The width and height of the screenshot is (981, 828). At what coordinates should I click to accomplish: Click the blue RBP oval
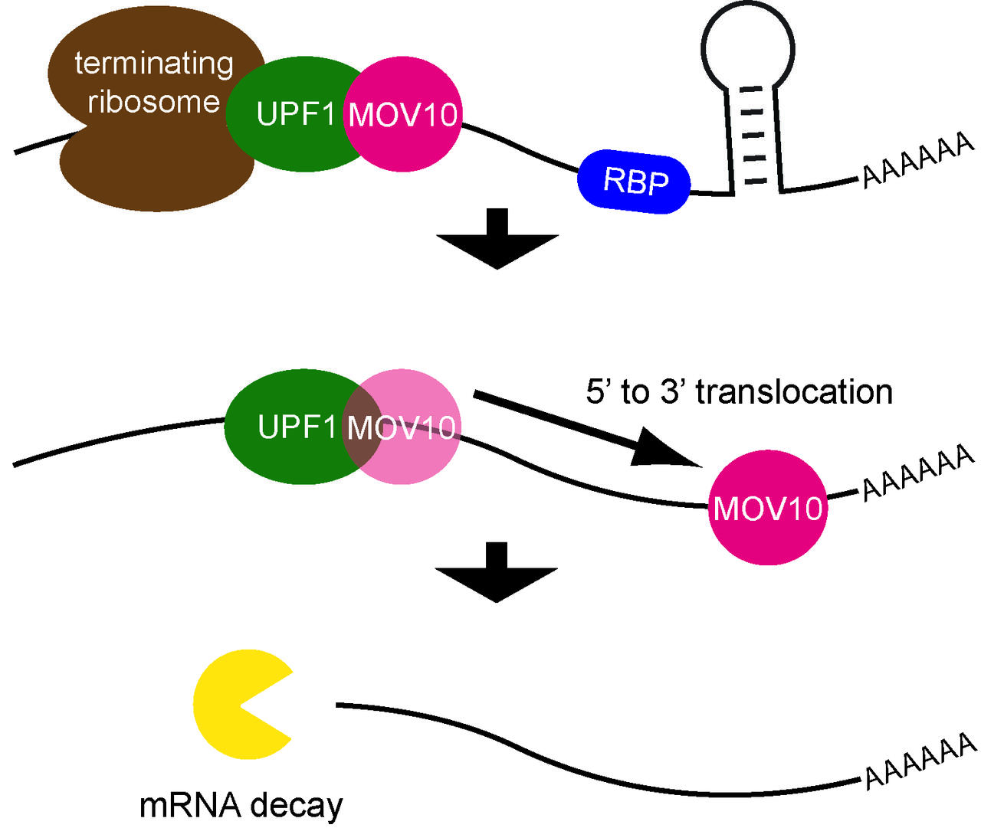click(x=634, y=182)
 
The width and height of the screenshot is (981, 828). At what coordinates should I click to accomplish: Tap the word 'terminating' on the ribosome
click(x=154, y=63)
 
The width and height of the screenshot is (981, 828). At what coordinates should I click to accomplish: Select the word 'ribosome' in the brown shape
click(x=154, y=101)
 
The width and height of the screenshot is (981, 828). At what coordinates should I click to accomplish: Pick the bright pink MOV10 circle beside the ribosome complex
click(x=404, y=115)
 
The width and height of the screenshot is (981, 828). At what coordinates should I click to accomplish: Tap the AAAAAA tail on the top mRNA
click(x=918, y=161)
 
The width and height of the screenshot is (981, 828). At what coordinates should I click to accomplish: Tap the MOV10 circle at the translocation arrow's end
click(x=768, y=508)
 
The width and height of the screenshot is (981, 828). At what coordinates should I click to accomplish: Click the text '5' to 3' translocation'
click(x=739, y=391)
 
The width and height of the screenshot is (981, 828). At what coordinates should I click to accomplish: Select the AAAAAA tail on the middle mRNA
click(x=918, y=474)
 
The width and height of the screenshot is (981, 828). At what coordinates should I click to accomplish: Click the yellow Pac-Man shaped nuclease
click(x=234, y=705)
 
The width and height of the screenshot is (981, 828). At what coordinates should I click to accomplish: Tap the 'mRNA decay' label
click(x=241, y=805)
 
